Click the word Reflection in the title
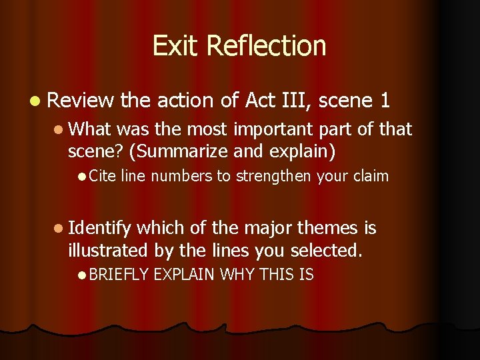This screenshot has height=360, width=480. pyautogui.click(x=266, y=46)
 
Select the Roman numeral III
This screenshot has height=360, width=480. pyautogui.click(x=293, y=101)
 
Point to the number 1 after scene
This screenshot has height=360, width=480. pyautogui.click(x=385, y=101)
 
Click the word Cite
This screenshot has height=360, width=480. pyautogui.click(x=102, y=176)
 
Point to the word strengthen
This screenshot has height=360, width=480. pyautogui.click(x=278, y=176)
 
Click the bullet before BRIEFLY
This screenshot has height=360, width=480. pyautogui.click(x=81, y=275)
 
